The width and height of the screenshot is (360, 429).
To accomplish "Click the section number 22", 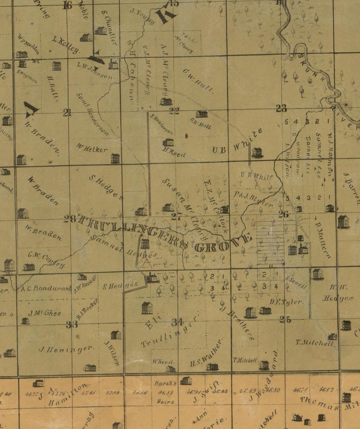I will (x=175, y=110).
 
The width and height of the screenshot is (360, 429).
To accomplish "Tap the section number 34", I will (x=177, y=322).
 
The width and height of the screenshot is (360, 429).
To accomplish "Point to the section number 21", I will (x=67, y=113).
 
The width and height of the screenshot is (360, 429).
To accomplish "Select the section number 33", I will (x=71, y=324).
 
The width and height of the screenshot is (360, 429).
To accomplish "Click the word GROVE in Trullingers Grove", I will (x=222, y=243).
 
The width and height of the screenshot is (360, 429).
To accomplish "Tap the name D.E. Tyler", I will (x=287, y=301).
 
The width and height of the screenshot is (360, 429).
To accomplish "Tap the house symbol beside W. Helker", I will (x=115, y=159).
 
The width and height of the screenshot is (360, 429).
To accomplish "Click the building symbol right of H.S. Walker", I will (x=212, y=366).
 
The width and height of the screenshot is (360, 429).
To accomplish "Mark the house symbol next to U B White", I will (x=257, y=153).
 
